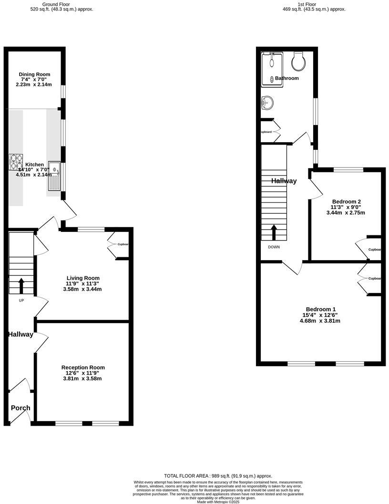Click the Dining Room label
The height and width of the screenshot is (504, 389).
click(x=34, y=74)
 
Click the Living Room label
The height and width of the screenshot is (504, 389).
click(x=83, y=278)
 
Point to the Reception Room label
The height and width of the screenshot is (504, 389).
click(x=83, y=367)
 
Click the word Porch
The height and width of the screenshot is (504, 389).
click(x=20, y=408)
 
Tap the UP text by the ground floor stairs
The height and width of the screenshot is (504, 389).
click(x=21, y=301)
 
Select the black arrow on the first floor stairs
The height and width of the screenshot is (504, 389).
click(x=274, y=232)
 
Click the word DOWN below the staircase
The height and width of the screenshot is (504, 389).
click(x=274, y=247)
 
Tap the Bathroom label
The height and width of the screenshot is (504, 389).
click(x=287, y=78)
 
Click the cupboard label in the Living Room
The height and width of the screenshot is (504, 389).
click(x=123, y=244)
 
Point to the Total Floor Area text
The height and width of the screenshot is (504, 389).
click(x=218, y=476)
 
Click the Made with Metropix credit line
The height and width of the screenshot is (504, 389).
click(x=218, y=502)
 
